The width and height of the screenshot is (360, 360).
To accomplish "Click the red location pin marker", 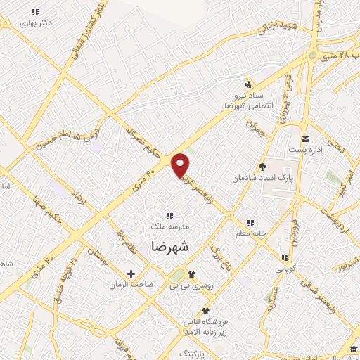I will (181, 165).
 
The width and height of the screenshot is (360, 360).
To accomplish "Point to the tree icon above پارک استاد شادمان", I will (263, 167).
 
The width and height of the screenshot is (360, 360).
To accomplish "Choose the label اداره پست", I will (304, 150).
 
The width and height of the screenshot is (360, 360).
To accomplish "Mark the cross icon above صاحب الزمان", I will (131, 274).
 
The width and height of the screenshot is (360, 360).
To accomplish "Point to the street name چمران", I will (252, 128).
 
